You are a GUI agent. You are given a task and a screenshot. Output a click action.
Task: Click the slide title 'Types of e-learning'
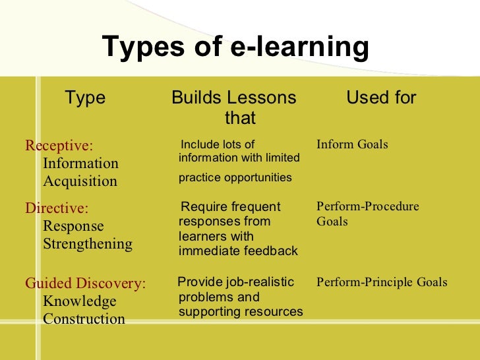(235, 47)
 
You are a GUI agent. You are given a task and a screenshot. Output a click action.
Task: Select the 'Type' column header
(85, 98)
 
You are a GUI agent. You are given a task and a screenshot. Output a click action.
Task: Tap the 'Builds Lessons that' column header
(234, 107)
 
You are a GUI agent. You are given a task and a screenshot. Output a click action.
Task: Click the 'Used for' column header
(381, 98)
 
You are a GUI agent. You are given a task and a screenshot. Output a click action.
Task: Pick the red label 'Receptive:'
(59, 145)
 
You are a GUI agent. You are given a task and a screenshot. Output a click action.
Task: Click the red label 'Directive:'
(57, 208)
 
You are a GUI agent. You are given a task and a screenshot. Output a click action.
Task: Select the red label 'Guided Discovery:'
(86, 284)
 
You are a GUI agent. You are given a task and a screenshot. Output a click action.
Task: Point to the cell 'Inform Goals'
(352, 144)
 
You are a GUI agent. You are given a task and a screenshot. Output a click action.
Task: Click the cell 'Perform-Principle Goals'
(382, 282)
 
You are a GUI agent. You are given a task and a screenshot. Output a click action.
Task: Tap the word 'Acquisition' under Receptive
(80, 181)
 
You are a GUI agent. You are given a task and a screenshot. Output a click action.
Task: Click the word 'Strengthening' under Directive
(87, 244)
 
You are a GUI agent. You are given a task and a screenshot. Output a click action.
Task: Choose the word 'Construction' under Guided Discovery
(84, 319)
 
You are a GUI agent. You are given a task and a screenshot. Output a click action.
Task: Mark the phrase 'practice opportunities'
(235, 177)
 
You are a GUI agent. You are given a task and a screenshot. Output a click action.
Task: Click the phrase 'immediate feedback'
(238, 251)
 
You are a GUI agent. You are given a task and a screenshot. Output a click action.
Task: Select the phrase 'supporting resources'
(241, 312)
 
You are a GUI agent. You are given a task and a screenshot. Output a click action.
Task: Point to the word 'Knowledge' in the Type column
(79, 301)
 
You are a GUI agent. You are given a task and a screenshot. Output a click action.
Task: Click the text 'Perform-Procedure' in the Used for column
(367, 206)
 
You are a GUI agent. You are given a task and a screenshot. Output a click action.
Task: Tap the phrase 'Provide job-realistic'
(236, 282)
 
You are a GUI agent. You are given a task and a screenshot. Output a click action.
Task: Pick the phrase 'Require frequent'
(230, 207)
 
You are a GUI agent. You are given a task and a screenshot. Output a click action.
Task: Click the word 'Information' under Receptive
(80, 164)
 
